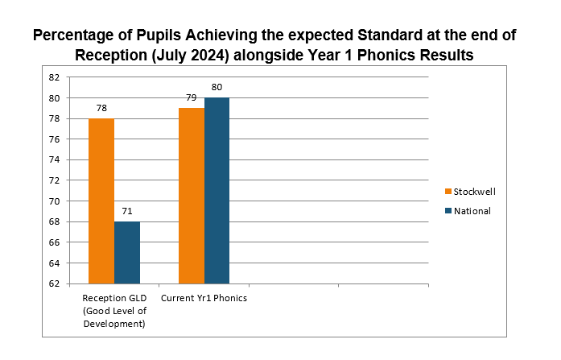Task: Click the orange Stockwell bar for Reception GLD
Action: [101, 201]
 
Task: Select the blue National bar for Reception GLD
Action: [127, 252]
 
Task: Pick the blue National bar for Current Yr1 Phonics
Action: [217, 190]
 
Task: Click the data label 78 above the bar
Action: [101, 107]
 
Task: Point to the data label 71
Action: [127, 211]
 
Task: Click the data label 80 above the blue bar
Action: [217, 87]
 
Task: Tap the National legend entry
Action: [472, 211]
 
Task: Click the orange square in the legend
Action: [448, 192]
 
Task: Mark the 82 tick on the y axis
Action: [54, 77]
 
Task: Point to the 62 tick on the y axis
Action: [54, 283]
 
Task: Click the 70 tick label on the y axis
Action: [54, 201]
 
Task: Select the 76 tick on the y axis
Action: [54, 139]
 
